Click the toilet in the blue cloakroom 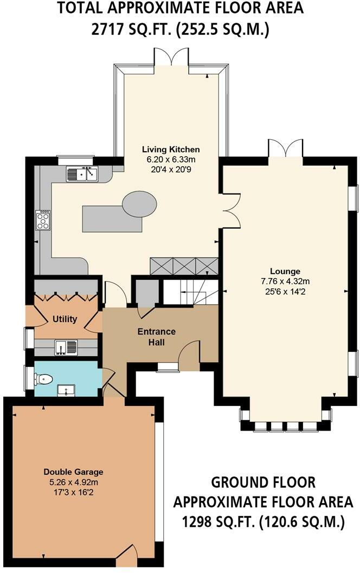point(43,379)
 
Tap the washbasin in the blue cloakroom point(66,390)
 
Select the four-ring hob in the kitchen point(43,220)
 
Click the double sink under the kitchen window point(82,173)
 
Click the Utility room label point(65,319)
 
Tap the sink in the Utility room point(66,347)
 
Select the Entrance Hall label point(157,337)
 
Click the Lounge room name point(285,271)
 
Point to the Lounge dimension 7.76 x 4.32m point(285,281)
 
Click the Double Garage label point(73,472)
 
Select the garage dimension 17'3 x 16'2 point(73,492)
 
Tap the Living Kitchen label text point(171,149)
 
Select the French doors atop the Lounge point(285,148)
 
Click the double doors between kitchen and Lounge point(231,210)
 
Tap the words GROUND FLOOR point(263,482)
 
